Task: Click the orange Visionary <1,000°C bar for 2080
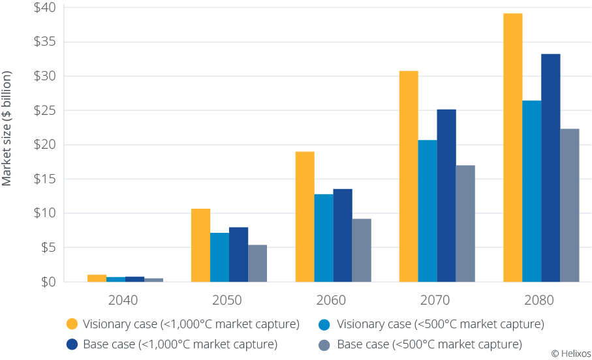[513, 147]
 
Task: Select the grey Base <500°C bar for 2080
[570, 205]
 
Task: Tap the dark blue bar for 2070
[446, 195]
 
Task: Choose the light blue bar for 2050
[220, 257]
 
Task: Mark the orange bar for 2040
[97, 278]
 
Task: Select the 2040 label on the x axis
[125, 301]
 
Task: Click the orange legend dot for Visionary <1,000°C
[72, 323]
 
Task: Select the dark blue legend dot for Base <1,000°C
[72, 343]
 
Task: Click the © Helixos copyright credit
[570, 353]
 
